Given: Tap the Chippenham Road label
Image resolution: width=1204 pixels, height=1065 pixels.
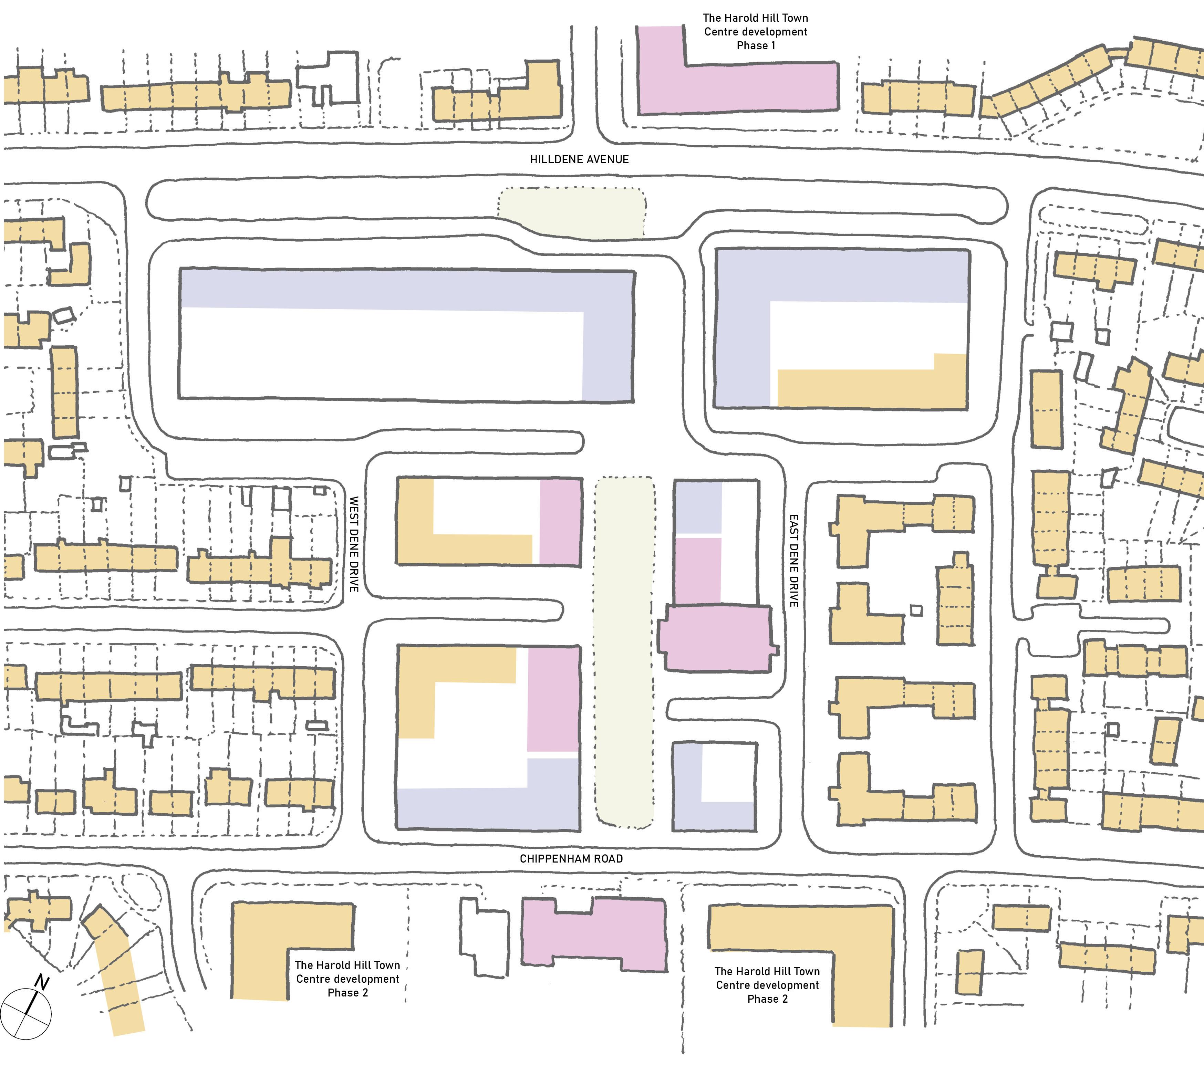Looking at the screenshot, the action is (x=571, y=859).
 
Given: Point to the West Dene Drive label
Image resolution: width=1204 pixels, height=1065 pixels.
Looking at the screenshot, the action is (x=354, y=544).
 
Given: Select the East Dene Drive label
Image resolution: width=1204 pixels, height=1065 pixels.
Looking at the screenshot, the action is (x=793, y=560).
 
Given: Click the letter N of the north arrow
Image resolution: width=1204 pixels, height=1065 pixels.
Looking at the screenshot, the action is (x=41, y=982).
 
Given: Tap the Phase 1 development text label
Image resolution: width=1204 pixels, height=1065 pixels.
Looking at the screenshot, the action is (x=755, y=32).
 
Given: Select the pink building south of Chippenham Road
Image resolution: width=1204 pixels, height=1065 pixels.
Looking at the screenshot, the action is (x=595, y=937).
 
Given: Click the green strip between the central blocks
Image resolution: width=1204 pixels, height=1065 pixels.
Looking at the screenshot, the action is (x=624, y=648).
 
